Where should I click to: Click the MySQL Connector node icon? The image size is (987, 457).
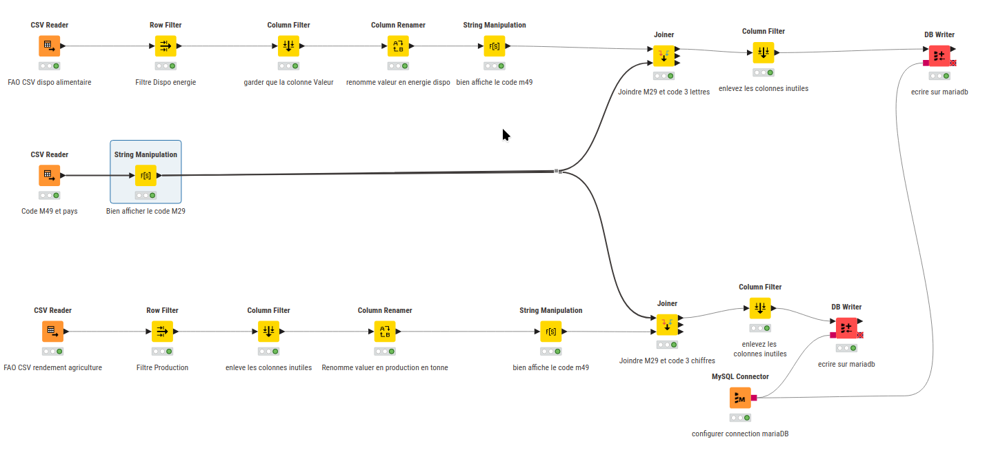tap(740, 398)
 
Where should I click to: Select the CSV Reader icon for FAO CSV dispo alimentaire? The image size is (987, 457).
tap(49, 46)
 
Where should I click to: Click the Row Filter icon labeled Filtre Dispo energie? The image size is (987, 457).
tap(166, 46)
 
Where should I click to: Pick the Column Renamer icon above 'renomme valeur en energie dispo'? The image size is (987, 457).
tap(398, 46)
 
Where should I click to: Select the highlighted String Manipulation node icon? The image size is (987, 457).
tap(146, 175)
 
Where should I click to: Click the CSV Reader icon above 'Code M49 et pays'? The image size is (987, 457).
tap(49, 175)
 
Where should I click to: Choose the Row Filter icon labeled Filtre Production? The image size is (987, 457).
tap(162, 332)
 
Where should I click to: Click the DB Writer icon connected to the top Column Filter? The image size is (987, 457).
tap(939, 56)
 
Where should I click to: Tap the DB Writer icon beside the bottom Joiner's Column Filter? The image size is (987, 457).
tap(846, 328)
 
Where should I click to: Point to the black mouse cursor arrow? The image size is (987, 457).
tap(506, 134)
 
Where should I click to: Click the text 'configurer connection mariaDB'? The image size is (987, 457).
tap(740, 434)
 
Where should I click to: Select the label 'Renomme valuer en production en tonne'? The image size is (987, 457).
tap(385, 367)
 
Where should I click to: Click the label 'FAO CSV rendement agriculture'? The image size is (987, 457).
tap(52, 367)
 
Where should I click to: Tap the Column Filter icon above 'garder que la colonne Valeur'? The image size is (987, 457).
tap(288, 46)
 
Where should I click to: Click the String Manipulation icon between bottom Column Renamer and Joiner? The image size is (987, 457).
tap(550, 332)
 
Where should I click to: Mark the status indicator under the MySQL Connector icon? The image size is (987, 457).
tap(740, 418)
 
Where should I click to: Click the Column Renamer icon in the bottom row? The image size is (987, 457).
tap(385, 332)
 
